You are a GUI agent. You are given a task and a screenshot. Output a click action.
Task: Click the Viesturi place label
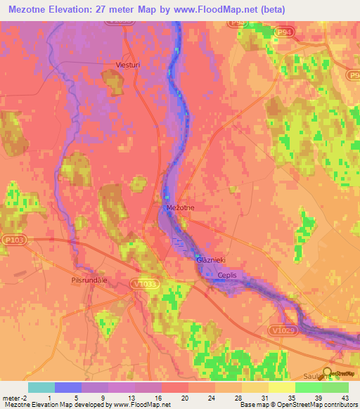(x=129, y=65)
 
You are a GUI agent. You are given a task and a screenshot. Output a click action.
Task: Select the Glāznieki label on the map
(x=210, y=260)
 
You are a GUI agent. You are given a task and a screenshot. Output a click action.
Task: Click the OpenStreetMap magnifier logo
(x=328, y=373)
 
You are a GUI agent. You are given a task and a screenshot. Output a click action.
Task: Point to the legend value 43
(x=344, y=397)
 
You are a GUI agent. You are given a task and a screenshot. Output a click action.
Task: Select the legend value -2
(x=25, y=397)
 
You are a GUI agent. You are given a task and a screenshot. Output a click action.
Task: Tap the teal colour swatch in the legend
(x=41, y=387)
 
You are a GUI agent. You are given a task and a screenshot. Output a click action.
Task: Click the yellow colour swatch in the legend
(x=281, y=387)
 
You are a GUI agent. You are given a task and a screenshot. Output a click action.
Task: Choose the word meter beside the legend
(x=11, y=397)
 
